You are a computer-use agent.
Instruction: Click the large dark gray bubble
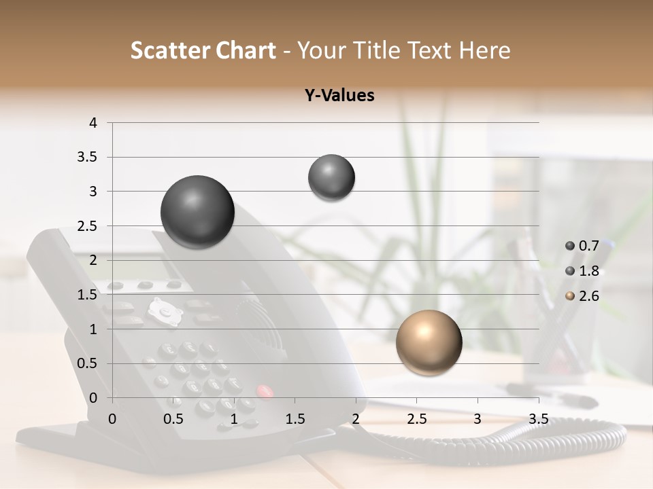click(x=198, y=212)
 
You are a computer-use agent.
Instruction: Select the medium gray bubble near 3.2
click(x=331, y=177)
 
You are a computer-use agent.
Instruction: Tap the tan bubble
click(x=429, y=342)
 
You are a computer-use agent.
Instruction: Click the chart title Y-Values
click(x=339, y=96)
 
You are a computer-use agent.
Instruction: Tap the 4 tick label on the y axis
click(x=94, y=123)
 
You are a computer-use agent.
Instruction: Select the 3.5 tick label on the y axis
click(x=88, y=157)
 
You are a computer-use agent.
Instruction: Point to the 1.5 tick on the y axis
click(x=88, y=295)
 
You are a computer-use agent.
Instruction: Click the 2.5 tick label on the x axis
click(x=416, y=419)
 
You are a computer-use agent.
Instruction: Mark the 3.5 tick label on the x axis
click(x=538, y=419)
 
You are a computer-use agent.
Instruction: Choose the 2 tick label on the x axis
click(x=356, y=419)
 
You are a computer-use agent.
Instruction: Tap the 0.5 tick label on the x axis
click(x=173, y=419)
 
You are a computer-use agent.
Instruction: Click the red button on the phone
click(x=264, y=391)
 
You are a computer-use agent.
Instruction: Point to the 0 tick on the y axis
click(x=94, y=398)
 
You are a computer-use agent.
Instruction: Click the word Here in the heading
click(x=484, y=50)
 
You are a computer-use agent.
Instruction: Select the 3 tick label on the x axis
click(x=478, y=419)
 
